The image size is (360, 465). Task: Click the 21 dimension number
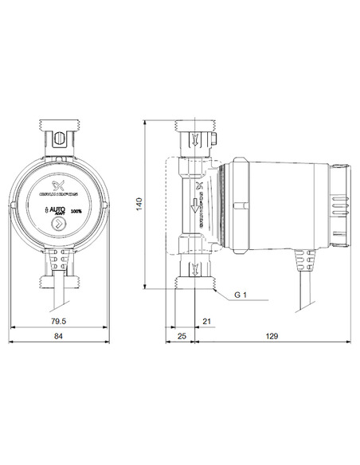(x=206, y=321)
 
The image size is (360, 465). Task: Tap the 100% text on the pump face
(x=77, y=211)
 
